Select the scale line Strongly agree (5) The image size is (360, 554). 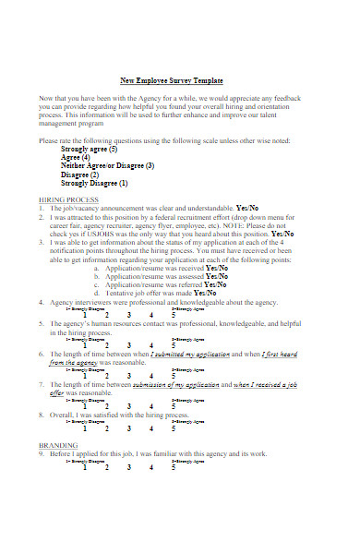tap(89, 149)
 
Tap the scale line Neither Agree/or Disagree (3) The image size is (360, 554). tap(107, 166)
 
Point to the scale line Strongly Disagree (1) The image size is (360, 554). tap(94, 183)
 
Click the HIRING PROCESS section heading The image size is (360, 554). tap(69, 200)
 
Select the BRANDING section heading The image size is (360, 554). tap(58, 444)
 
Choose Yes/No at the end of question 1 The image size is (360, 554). tap(248, 209)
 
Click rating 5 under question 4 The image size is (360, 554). tap(173, 315)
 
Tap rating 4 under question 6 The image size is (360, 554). tap(151, 376)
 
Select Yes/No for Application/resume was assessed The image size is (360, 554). tap(216, 275)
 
